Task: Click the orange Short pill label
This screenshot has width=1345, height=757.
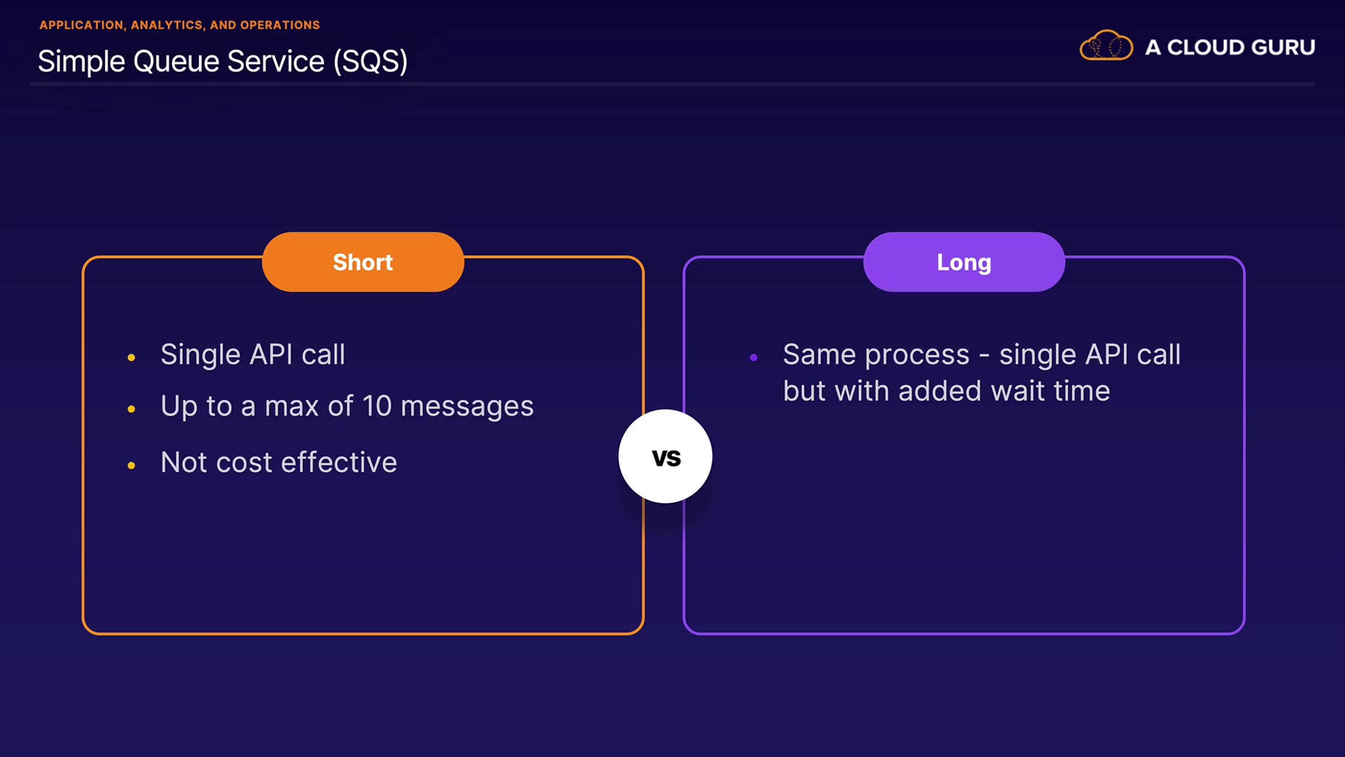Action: (x=363, y=262)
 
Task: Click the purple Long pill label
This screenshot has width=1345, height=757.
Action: (x=964, y=262)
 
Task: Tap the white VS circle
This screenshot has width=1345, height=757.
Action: (x=665, y=456)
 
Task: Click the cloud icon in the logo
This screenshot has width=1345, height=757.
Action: (x=1106, y=46)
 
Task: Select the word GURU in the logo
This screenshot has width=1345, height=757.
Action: (x=1283, y=48)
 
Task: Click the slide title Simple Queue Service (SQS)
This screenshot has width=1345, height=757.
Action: (x=223, y=61)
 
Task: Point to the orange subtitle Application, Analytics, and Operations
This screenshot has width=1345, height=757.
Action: (x=179, y=25)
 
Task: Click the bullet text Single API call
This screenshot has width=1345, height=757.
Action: (x=252, y=355)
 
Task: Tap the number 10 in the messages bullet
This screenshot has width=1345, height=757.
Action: (x=376, y=406)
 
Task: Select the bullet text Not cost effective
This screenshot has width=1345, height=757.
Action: (x=278, y=462)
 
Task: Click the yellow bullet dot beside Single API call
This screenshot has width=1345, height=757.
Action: (x=131, y=357)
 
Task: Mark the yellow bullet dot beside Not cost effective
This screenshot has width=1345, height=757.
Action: (x=131, y=466)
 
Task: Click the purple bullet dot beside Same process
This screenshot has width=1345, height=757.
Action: (x=753, y=357)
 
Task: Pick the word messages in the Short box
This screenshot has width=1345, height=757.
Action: (x=467, y=407)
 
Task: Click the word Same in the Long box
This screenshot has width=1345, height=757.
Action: (x=819, y=355)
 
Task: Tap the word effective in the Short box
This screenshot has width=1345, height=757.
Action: (x=339, y=462)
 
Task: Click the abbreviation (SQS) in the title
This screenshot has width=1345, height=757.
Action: (x=370, y=62)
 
